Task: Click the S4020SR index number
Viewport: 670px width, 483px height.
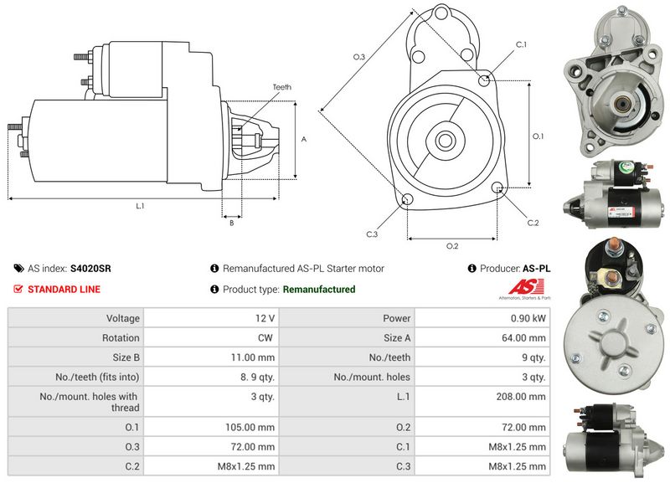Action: click(x=90, y=269)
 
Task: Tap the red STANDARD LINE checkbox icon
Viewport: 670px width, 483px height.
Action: click(x=18, y=289)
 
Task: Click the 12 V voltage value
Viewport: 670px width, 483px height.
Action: click(x=265, y=318)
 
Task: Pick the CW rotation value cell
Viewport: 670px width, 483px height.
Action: click(x=265, y=338)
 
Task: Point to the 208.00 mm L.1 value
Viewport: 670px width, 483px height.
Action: click(x=521, y=396)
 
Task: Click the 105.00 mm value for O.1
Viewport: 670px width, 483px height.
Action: click(x=250, y=427)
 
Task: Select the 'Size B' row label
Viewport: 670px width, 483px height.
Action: click(x=126, y=357)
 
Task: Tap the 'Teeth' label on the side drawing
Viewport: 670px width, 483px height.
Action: click(x=282, y=87)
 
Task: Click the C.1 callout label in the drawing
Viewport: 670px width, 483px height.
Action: click(x=521, y=44)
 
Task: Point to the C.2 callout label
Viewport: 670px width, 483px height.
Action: click(x=533, y=223)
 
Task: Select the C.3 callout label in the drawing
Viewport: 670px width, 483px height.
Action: click(x=372, y=234)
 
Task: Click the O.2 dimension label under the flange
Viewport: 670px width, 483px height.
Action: click(x=452, y=246)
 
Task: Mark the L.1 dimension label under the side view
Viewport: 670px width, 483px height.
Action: click(x=140, y=206)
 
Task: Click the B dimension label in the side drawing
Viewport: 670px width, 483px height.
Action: click(x=232, y=223)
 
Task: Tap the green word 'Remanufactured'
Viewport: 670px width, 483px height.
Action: click(x=319, y=289)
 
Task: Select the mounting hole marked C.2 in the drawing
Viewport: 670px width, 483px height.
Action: click(x=497, y=187)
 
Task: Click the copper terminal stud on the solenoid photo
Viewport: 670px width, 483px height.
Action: click(x=614, y=245)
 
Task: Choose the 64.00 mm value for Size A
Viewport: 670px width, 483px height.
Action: click(x=524, y=338)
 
